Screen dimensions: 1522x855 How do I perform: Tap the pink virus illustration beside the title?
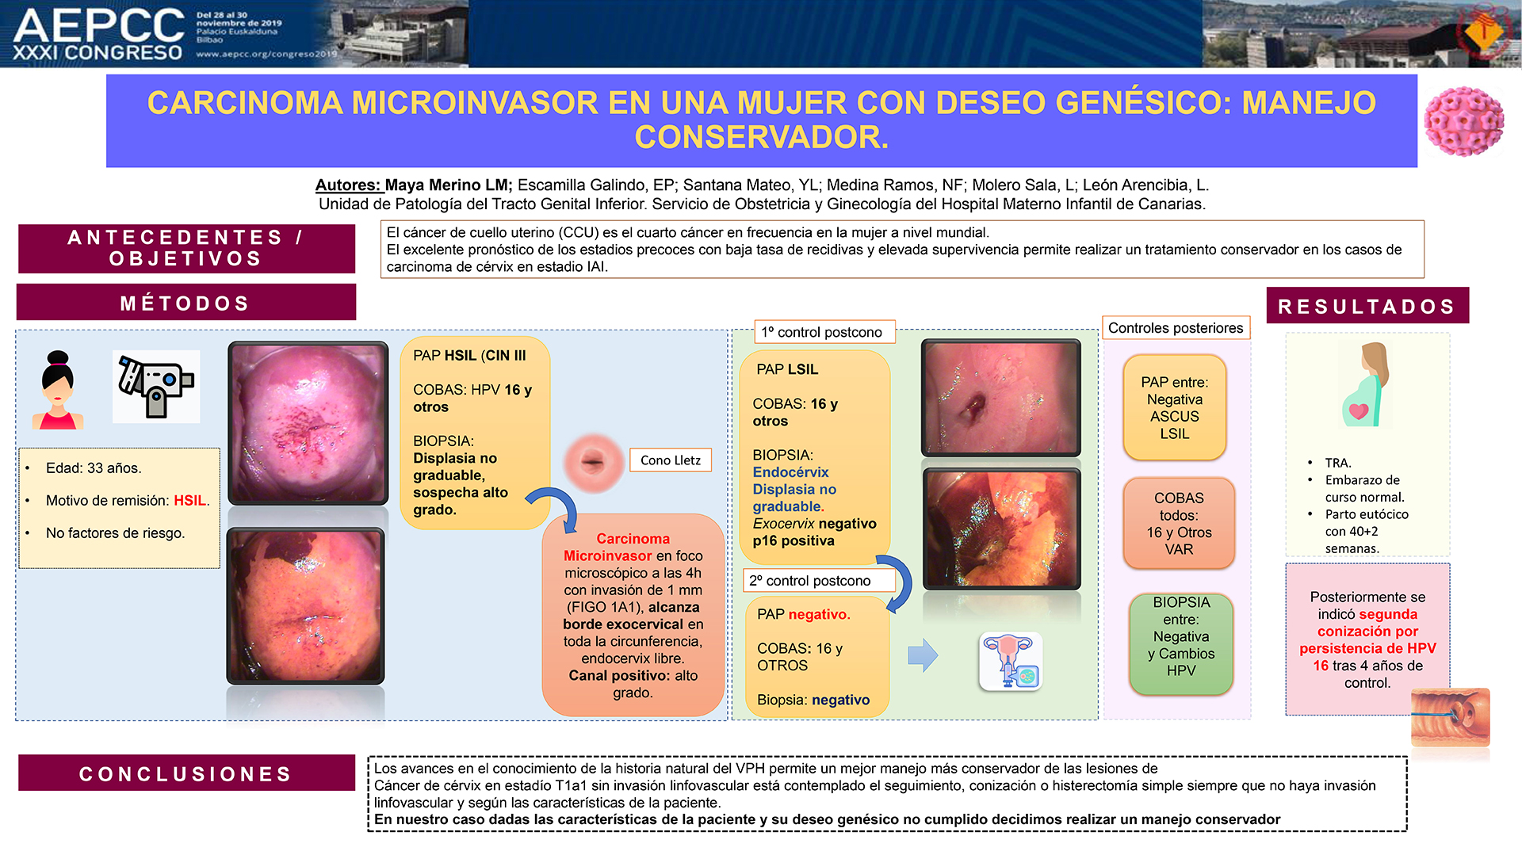[x=1463, y=121]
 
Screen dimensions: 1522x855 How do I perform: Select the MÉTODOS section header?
[x=186, y=303]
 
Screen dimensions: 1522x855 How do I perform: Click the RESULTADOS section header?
[x=1367, y=306]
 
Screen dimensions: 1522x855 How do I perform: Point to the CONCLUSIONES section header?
[x=186, y=773]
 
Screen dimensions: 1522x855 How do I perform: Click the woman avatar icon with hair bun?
[x=58, y=390]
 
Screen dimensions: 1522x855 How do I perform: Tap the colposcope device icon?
[x=156, y=386]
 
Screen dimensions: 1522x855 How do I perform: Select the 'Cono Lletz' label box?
[x=671, y=460]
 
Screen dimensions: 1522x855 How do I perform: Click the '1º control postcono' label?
[x=821, y=332]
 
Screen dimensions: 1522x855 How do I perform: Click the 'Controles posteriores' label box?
[x=1176, y=328]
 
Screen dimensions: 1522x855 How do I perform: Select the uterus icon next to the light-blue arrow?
[x=1011, y=662]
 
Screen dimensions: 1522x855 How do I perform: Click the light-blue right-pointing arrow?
[x=923, y=655]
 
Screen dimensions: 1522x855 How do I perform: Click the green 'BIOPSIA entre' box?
[x=1181, y=644]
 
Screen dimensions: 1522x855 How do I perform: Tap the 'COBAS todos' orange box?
[x=1179, y=523]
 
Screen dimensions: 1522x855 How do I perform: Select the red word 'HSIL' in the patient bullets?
[x=189, y=501]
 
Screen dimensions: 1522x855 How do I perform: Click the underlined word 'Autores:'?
[x=349, y=185]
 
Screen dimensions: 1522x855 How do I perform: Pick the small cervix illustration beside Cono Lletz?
[x=592, y=462]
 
